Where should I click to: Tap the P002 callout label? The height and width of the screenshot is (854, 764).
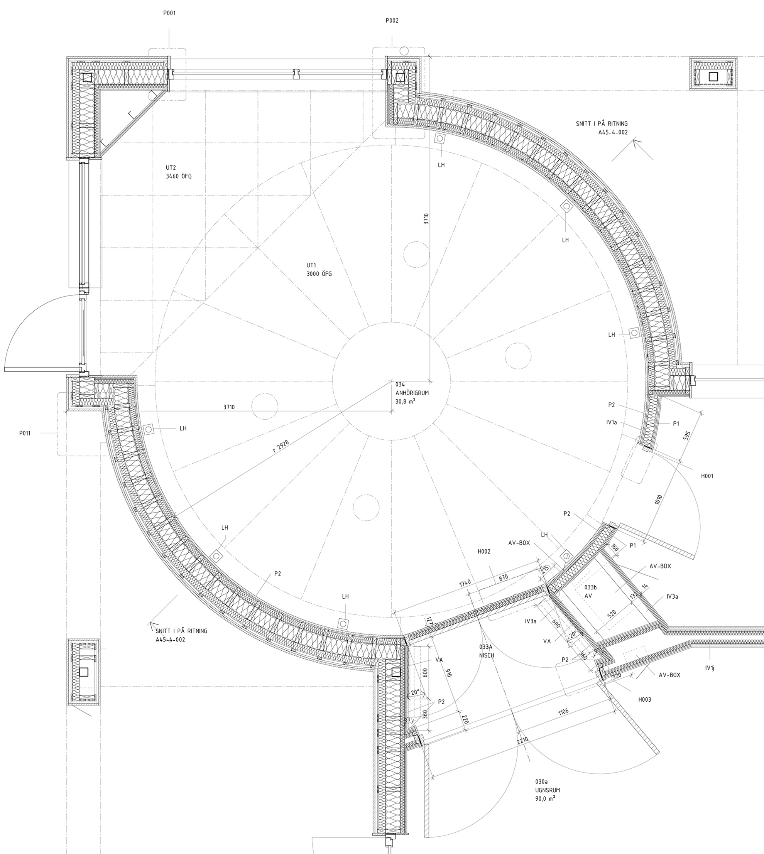pos(392,20)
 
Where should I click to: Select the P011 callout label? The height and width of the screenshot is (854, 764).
pos(25,433)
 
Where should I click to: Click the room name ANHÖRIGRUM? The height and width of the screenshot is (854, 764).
pos(412,393)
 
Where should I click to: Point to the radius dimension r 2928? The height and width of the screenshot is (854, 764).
pos(282,445)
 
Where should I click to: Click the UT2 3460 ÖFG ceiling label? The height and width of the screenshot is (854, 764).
pos(178,172)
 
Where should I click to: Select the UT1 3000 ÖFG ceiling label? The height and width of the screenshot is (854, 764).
pos(319,269)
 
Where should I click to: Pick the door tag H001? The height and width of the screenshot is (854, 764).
pos(707,476)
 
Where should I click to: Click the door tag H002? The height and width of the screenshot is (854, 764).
pos(484,552)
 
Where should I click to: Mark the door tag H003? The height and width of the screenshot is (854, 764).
pos(645,700)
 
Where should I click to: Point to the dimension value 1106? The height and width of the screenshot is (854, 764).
pos(563,712)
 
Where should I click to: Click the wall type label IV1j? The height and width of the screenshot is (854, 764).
pos(710,668)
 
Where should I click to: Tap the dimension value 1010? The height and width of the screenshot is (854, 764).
pos(658,500)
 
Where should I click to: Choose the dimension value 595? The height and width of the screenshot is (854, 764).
pos(687,435)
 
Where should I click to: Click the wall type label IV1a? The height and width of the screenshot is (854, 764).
pos(612,423)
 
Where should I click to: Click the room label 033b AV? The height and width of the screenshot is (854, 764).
pos(591,591)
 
